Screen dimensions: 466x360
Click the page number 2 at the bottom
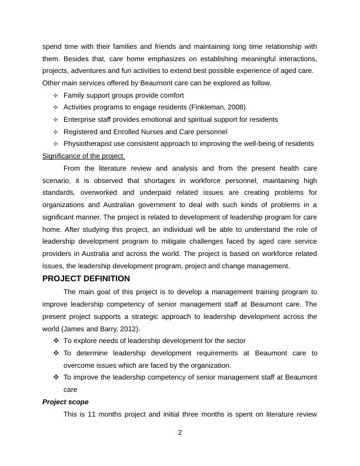click(x=180, y=433)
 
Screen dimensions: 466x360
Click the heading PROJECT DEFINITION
click(x=86, y=278)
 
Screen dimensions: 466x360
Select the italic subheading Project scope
click(x=65, y=401)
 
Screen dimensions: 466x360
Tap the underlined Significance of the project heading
click(x=84, y=156)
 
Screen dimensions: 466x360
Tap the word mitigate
click(x=183, y=242)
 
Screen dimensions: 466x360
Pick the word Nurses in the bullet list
click(x=152, y=132)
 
